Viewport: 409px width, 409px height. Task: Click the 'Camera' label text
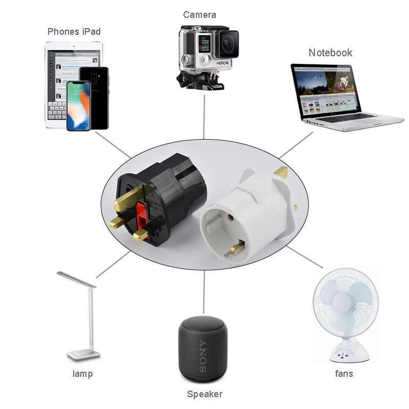pos(199,15)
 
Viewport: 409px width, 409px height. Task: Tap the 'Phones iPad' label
pos(74,32)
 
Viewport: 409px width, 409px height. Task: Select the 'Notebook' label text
pos(330,53)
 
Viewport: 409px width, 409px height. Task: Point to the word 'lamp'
pos(83,374)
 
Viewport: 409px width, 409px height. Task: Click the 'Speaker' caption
pos(204,394)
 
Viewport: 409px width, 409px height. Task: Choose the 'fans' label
pos(344,374)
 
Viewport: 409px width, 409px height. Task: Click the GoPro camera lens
pos(228,44)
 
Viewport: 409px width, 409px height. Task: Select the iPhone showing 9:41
pos(78,105)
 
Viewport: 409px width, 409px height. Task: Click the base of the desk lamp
pos(82,354)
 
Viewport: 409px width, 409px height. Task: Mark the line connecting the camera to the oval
pos(204,115)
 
